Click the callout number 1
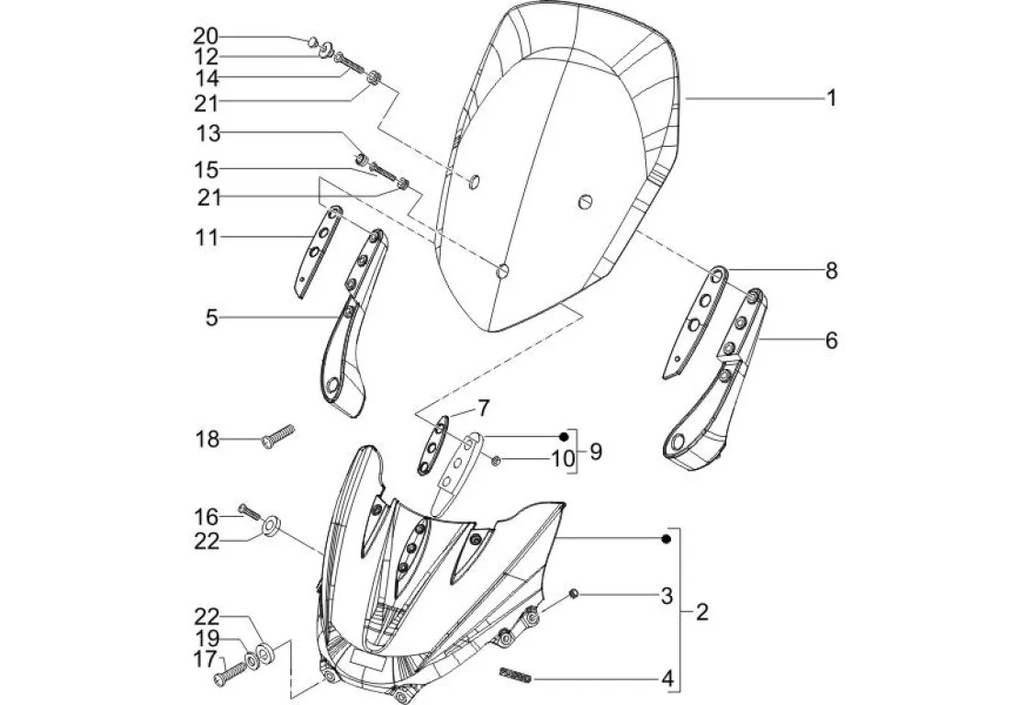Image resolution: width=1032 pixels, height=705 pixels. pos(831,97)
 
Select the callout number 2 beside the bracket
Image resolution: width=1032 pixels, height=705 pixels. pos(701,612)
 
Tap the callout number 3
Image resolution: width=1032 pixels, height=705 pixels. pos(667,597)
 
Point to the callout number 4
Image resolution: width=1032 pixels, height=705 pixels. pos(667,679)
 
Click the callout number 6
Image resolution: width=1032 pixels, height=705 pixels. pos(831,341)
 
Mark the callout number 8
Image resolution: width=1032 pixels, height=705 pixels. pos(831,271)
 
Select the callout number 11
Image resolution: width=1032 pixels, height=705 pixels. pos(207,238)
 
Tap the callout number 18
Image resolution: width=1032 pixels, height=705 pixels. pos(207,440)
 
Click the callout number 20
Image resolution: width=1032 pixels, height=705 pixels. pos(206,36)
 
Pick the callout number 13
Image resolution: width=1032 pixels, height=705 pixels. pos(208,134)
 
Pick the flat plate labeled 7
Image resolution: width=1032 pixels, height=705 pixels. pos(432,446)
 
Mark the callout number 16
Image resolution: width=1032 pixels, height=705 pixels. pos(207,514)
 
